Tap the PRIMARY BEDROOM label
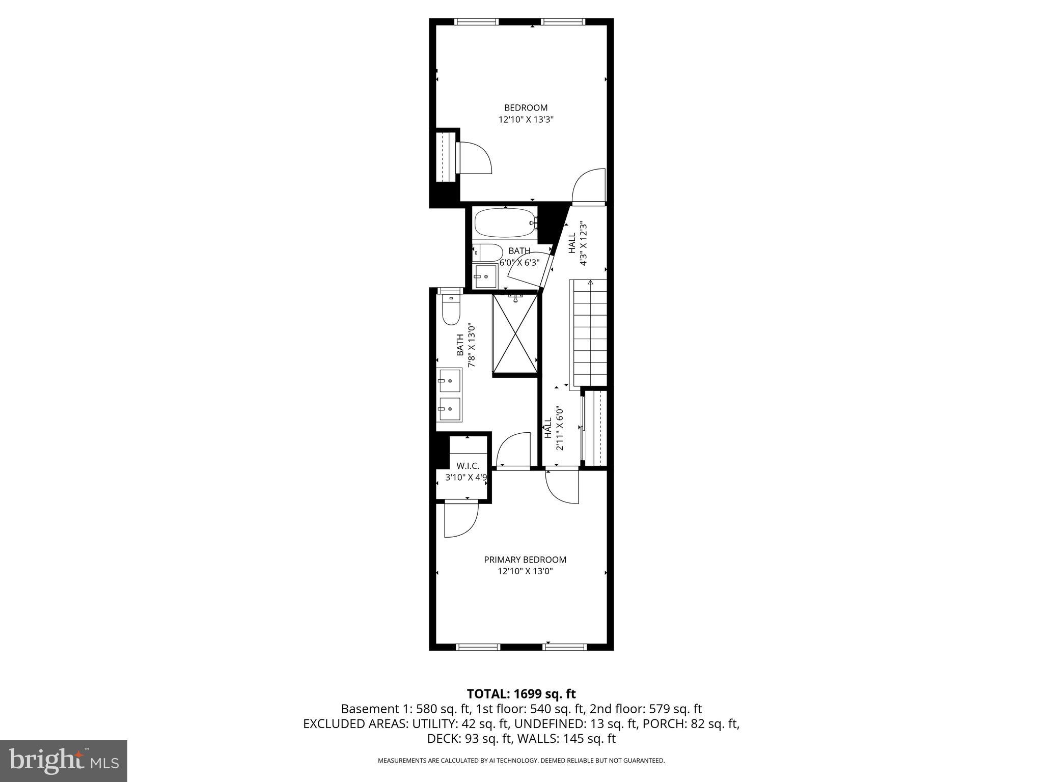tap(525, 560)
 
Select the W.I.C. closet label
tap(467, 466)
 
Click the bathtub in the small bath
tap(505, 223)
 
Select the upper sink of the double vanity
tap(449, 380)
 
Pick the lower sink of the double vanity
tap(449, 409)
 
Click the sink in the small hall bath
tap(484, 276)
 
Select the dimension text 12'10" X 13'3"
tap(526, 120)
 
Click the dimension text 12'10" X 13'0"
tap(525, 571)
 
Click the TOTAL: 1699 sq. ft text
tap(521, 693)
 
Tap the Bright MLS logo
tap(64, 761)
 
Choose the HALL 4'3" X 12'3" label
tap(578, 243)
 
